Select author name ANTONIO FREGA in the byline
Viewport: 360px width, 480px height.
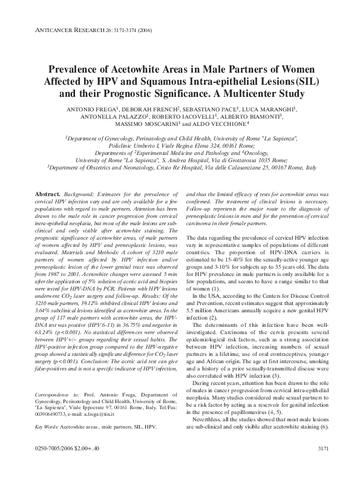tap(92, 109)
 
